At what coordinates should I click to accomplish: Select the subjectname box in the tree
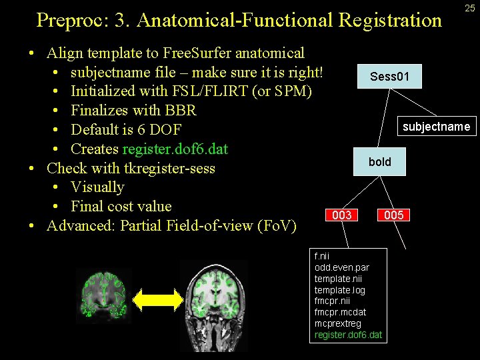(x=437, y=126)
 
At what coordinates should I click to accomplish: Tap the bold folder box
(x=380, y=162)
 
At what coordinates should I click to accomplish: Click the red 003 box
(x=342, y=215)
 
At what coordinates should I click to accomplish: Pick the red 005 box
(x=393, y=215)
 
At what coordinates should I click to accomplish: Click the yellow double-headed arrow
(x=156, y=298)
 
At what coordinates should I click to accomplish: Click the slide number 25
(x=470, y=8)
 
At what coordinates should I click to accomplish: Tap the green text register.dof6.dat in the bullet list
(x=175, y=149)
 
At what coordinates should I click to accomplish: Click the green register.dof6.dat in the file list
(x=348, y=335)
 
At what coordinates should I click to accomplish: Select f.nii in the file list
(x=322, y=255)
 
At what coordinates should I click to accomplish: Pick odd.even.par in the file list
(x=341, y=267)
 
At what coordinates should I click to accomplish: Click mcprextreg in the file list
(x=338, y=323)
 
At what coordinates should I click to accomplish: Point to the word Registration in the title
(x=390, y=21)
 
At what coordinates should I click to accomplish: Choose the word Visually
(x=97, y=187)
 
